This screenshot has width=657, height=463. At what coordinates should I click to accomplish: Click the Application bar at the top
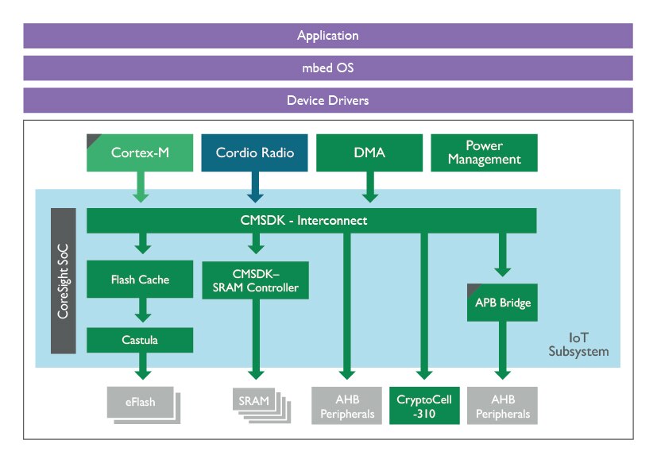click(328, 36)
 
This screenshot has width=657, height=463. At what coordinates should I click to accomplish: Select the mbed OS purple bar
click(328, 68)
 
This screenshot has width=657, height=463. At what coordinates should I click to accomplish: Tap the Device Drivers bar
click(328, 101)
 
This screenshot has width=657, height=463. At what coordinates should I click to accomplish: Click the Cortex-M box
click(140, 152)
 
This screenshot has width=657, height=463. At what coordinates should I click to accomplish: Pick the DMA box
click(368, 152)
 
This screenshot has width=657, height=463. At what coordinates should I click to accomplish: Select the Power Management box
click(484, 152)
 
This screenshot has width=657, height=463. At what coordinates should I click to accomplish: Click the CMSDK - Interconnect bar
click(311, 221)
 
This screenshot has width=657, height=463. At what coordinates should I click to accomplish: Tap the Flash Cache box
click(140, 280)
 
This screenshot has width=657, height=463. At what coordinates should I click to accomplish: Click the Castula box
click(140, 340)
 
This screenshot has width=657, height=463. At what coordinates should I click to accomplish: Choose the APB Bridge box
click(502, 303)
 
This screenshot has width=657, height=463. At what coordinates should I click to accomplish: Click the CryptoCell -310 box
click(423, 405)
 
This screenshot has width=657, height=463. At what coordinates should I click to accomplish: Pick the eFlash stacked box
click(141, 403)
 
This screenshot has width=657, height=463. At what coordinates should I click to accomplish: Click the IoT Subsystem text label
click(578, 344)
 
